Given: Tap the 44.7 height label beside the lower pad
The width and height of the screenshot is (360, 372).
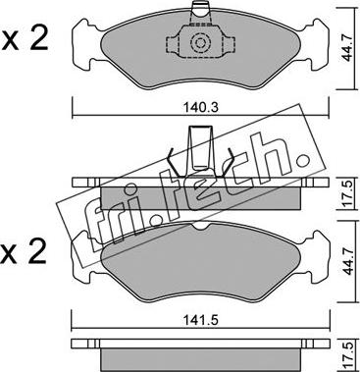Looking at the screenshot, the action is tap(347, 263).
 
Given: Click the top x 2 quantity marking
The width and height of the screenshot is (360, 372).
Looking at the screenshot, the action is tap(25, 38).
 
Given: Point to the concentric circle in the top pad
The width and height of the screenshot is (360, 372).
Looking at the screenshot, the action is tap(199, 43).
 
